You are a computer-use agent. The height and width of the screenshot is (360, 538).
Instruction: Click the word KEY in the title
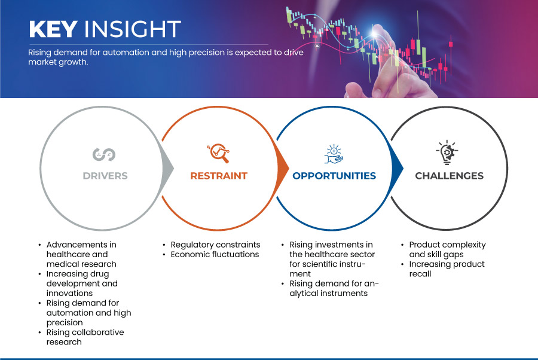click(x=53, y=29)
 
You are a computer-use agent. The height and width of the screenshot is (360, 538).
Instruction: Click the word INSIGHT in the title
click(x=133, y=29)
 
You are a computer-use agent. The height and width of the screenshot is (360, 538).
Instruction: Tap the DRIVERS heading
click(x=105, y=176)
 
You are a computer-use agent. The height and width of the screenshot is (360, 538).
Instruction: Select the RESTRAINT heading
click(x=219, y=176)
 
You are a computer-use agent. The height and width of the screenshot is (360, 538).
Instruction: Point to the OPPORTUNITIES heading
click(x=334, y=176)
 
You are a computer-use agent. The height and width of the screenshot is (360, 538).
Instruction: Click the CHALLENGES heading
click(x=449, y=176)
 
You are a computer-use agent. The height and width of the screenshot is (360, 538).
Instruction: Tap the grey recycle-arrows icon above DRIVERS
click(x=104, y=154)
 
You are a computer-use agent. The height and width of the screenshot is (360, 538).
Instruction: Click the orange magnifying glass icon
click(x=218, y=153)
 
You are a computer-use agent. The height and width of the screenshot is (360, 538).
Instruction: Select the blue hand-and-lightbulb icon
click(x=334, y=154)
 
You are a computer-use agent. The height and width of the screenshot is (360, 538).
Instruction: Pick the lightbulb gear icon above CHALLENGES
click(x=447, y=152)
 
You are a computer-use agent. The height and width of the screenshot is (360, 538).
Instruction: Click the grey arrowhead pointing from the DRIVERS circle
click(x=167, y=168)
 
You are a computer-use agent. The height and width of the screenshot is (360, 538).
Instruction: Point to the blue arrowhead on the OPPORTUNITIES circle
click(x=397, y=168)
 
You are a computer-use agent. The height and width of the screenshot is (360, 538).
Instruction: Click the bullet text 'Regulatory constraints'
click(x=215, y=245)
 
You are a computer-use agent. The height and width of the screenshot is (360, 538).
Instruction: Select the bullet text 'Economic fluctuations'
click(x=215, y=254)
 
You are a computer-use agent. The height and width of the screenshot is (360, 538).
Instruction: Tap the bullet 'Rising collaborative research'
click(x=85, y=337)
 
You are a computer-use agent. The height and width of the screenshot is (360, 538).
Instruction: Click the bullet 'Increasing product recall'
click(x=447, y=269)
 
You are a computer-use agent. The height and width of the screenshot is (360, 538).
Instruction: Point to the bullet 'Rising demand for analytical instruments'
click(x=334, y=288)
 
